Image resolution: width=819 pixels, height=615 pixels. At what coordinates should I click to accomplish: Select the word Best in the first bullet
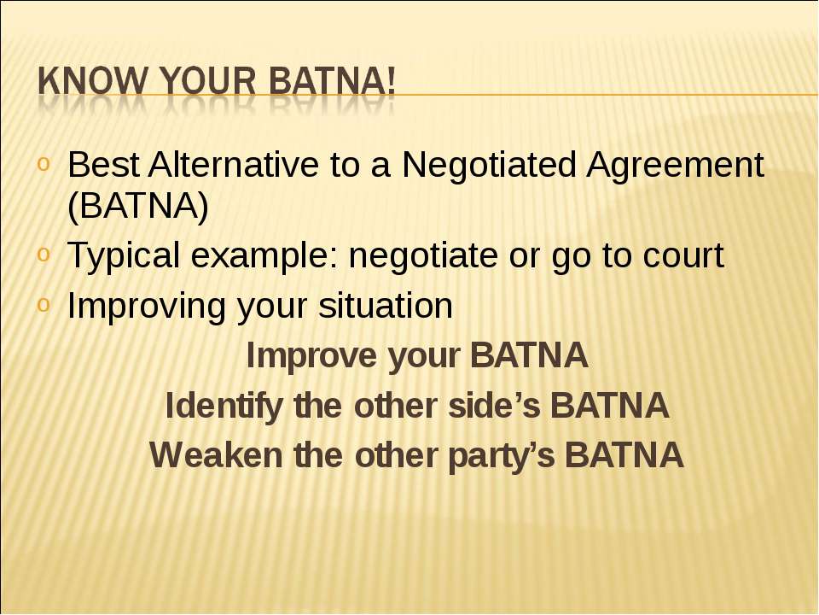tap(104, 164)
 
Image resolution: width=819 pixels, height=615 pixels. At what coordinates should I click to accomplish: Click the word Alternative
tap(233, 164)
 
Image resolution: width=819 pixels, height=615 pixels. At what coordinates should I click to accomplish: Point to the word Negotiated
tap(489, 164)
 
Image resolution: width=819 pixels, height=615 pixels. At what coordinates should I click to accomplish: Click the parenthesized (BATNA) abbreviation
tap(138, 206)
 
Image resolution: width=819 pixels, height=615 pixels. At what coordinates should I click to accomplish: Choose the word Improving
tap(146, 307)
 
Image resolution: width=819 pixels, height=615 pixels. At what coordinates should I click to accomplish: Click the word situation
tap(386, 306)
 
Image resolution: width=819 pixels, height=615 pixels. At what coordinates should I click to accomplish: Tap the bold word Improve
tap(312, 355)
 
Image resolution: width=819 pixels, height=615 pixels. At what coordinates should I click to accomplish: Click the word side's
tap(494, 406)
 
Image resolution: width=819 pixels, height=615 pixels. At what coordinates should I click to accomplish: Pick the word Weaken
tap(216, 455)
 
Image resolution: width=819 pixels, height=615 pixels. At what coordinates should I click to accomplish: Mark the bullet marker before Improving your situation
tap(43, 304)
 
